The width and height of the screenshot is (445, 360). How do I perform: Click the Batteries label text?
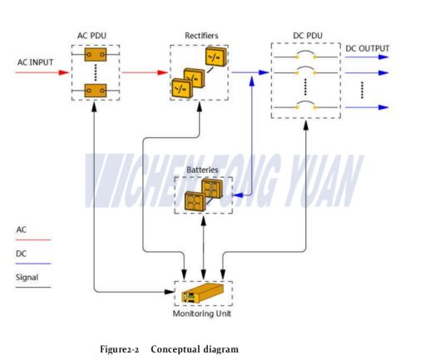pos(203,170)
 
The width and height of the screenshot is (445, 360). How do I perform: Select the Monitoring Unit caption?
pos(204,313)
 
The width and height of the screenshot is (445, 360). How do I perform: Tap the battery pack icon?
pos(204,195)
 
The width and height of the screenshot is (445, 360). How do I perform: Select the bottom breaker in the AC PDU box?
pos(96,91)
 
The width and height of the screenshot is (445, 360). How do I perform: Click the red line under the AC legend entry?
pos(33,239)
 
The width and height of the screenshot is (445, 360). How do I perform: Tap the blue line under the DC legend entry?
pos(33,263)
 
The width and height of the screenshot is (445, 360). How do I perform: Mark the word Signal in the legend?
pos(27,277)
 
